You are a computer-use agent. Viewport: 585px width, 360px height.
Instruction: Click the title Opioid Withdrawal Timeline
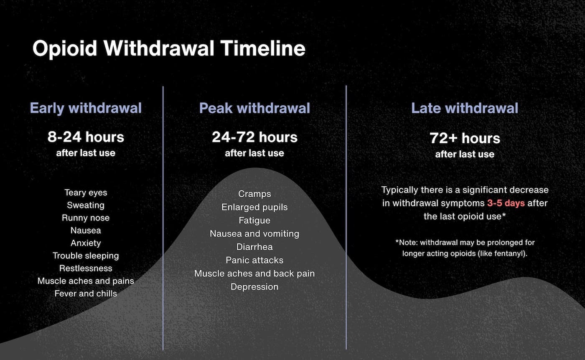pyautogui.click(x=169, y=48)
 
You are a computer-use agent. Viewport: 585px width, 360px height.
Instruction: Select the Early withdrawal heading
pyautogui.click(x=86, y=108)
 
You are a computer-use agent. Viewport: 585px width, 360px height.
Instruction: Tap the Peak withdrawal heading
pyautogui.click(x=254, y=108)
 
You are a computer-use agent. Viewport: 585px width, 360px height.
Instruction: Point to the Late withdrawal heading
pyautogui.click(x=465, y=108)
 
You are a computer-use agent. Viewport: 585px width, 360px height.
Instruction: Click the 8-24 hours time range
pyautogui.click(x=86, y=137)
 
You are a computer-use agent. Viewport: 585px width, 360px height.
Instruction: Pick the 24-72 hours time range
pyautogui.click(x=254, y=137)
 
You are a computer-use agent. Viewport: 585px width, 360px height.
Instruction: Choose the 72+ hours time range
pyautogui.click(x=465, y=138)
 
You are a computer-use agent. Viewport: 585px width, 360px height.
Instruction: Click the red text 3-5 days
pyautogui.click(x=506, y=203)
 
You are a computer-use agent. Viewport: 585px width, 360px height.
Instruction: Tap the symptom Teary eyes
pyautogui.click(x=86, y=193)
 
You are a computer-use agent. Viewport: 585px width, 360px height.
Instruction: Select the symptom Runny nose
pyautogui.click(x=86, y=218)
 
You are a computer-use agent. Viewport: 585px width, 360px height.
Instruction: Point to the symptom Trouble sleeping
pyautogui.click(x=86, y=256)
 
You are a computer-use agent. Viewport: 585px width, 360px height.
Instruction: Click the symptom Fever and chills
pyautogui.click(x=86, y=294)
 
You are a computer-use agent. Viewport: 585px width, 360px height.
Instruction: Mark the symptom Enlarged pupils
pyautogui.click(x=254, y=207)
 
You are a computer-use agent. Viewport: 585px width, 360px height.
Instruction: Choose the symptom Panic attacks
pyautogui.click(x=254, y=260)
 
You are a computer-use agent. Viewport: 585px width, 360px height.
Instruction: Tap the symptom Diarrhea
pyautogui.click(x=254, y=247)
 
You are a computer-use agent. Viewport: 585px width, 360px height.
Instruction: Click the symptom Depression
pyautogui.click(x=254, y=287)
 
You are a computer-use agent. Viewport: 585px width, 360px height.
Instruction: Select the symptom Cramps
pyautogui.click(x=254, y=194)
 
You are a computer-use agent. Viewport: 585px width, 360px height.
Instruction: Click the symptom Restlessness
pyautogui.click(x=86, y=268)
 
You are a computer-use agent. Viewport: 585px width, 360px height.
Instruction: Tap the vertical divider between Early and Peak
pyautogui.click(x=163, y=217)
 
